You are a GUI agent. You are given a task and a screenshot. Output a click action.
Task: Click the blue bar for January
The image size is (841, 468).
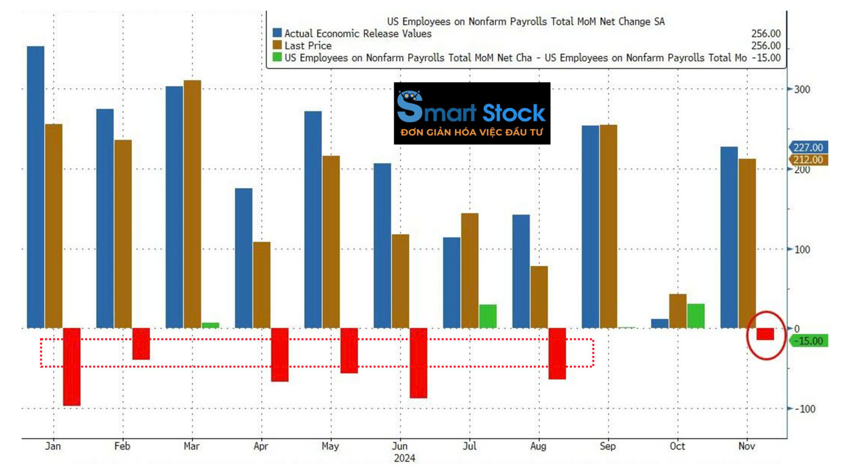36,187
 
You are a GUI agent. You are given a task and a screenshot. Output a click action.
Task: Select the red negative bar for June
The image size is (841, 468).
418,363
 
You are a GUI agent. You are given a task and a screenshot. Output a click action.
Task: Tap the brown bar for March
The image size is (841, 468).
192,204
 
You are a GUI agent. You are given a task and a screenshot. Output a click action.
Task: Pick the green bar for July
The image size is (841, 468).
488,316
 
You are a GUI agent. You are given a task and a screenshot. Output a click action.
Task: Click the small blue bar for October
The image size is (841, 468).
660,323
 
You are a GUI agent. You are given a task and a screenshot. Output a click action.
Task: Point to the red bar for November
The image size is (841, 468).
765,334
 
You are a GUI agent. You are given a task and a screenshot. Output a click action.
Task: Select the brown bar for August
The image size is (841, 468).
539,297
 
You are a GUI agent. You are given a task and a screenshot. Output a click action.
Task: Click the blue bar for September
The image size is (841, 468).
590,226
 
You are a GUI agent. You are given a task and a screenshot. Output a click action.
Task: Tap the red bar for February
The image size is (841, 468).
141,344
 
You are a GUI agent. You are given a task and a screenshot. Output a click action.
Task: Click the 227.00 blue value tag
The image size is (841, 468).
808,147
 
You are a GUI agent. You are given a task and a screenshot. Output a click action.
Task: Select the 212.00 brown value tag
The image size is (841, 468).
808,160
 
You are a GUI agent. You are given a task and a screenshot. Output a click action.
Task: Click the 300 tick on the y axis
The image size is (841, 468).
802,89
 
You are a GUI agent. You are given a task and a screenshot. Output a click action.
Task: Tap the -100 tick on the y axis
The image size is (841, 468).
804,409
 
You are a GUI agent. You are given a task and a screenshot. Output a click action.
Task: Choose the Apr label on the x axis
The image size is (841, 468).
261,446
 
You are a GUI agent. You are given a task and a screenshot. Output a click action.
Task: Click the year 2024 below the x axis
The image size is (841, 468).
404,458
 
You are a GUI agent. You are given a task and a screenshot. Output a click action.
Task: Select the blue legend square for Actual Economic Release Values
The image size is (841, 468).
277,33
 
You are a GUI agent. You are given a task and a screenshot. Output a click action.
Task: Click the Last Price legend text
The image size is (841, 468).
308,46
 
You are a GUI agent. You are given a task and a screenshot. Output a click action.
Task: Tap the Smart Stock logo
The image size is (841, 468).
472,113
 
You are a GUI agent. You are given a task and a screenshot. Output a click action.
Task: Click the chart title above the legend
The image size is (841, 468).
526,22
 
